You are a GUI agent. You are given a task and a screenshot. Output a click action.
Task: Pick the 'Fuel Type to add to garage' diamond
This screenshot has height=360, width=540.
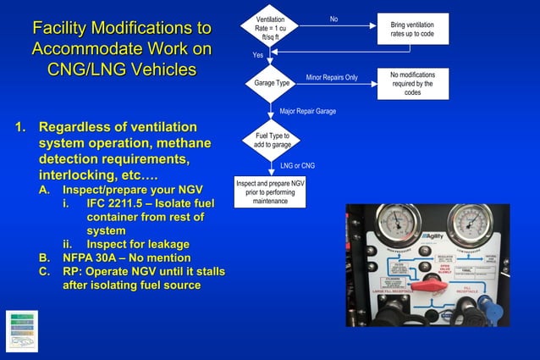tap(272, 140)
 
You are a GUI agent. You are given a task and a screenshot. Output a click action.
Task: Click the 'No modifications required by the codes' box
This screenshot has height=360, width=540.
tap(412, 84)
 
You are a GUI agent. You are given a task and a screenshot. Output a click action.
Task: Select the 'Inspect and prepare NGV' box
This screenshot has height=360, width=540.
tap(270, 191)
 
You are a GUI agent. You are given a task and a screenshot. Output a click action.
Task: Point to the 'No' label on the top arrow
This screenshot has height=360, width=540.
tap(333, 19)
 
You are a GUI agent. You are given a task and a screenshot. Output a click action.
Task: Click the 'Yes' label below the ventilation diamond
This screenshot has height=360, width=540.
tap(258, 55)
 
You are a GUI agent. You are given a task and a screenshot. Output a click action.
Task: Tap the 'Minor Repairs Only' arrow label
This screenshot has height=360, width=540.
tap(331, 77)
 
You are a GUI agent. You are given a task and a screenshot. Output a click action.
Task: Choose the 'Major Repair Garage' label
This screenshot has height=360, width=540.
tap(307, 111)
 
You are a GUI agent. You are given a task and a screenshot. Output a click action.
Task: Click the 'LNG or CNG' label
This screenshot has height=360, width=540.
tap(297, 165)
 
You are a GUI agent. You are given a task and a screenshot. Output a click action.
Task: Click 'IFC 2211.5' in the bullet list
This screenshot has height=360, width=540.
tap(117, 204)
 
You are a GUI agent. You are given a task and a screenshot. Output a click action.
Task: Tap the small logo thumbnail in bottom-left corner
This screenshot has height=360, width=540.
tap(21, 330)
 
